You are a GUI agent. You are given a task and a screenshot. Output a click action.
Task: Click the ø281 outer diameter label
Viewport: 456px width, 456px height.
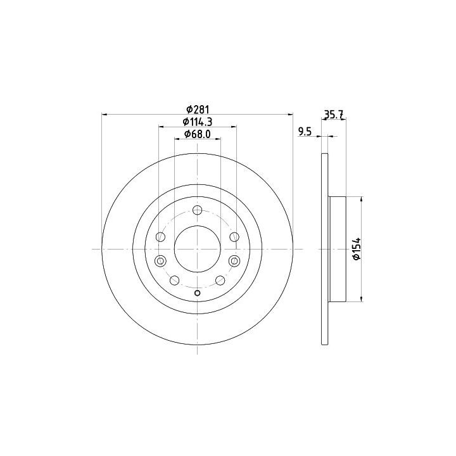(x=198, y=110)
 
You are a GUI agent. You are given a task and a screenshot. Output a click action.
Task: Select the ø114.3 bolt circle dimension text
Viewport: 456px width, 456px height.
(x=198, y=122)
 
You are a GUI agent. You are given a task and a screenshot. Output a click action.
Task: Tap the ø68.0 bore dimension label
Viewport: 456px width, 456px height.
(x=197, y=134)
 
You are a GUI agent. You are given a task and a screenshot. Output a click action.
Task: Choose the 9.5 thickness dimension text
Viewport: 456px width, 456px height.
(x=305, y=132)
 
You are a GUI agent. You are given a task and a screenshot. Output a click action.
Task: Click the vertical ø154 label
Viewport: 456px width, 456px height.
(x=356, y=249)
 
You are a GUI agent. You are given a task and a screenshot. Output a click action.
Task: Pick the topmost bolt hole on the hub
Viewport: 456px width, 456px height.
(x=198, y=210)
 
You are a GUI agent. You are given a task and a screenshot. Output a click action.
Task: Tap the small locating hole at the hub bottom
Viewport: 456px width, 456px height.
(x=197, y=293)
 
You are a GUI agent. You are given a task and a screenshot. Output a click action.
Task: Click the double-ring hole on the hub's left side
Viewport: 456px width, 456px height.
(x=160, y=260)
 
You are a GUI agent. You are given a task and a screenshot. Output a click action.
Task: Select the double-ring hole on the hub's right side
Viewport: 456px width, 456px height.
(x=234, y=260)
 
